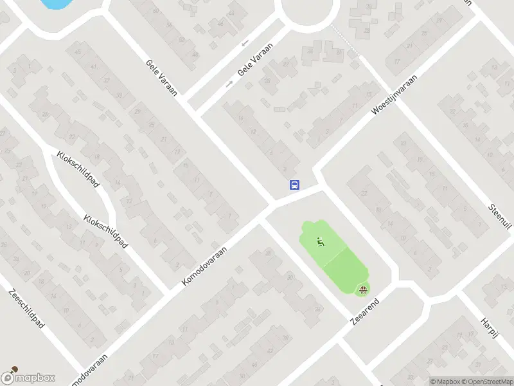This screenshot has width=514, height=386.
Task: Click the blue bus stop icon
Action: tap(294, 185)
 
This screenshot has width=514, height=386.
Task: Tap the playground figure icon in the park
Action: tap(320, 242)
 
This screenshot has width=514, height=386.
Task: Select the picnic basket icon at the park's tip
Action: tap(364, 289)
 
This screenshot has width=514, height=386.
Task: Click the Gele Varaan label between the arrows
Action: tap(255, 60)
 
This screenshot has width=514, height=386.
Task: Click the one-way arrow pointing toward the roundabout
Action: tap(245, 43)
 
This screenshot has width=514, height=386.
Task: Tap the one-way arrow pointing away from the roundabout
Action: tap(228, 84)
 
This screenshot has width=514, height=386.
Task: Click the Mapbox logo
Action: tap(28, 378)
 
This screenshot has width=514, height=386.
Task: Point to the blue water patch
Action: tap(54, 3)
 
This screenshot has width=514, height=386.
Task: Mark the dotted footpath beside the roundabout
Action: tap(344, 42)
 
